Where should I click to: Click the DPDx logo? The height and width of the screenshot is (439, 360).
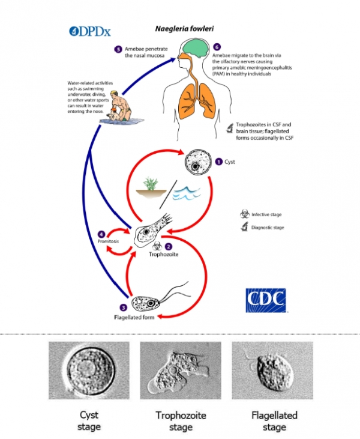click(87, 31)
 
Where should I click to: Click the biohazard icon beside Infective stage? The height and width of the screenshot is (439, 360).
click(244, 214)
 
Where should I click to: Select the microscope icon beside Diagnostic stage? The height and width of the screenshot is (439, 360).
click(244, 227)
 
